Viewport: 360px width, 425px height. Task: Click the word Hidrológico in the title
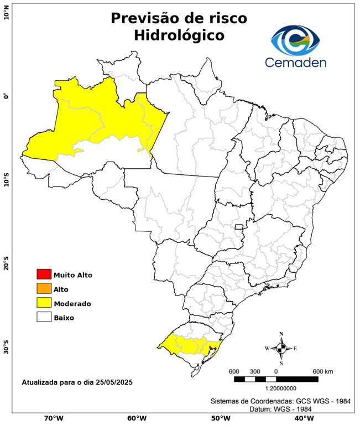pyautogui.click(x=179, y=35)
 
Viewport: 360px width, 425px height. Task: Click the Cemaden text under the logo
pyautogui.click(x=296, y=62)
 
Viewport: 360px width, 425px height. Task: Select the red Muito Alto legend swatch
pyautogui.click(x=43, y=274)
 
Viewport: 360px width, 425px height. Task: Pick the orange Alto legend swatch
pyautogui.click(x=43, y=289)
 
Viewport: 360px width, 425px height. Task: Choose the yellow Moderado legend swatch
pyautogui.click(x=43, y=303)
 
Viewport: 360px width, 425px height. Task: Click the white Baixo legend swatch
pyautogui.click(x=43, y=318)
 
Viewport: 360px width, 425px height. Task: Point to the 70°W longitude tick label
pyautogui.click(x=54, y=418)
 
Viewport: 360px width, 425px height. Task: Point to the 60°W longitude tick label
pyautogui.click(x=137, y=418)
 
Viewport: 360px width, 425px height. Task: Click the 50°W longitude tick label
pyautogui.click(x=220, y=418)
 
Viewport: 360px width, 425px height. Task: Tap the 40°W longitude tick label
pyautogui.click(x=302, y=418)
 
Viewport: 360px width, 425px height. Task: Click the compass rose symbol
pyautogui.click(x=281, y=348)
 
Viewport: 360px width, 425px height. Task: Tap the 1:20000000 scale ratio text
pyautogui.click(x=275, y=388)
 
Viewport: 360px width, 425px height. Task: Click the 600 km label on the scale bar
pyautogui.click(x=322, y=371)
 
